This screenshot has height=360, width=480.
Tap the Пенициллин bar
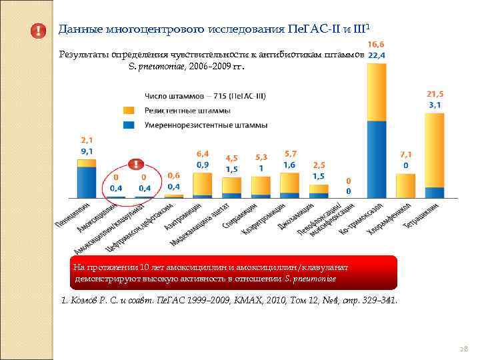(87, 180)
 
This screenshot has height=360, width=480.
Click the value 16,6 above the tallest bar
(377, 43)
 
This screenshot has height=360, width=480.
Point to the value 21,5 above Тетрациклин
(435, 95)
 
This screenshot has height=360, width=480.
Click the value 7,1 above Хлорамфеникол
(406, 154)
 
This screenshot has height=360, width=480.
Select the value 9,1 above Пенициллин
(87, 151)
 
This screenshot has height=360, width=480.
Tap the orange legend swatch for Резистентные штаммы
(129, 110)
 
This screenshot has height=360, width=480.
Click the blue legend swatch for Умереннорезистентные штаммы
(129, 124)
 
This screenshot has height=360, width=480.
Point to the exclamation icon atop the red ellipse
(135, 164)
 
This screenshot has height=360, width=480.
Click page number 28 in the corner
(464, 349)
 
